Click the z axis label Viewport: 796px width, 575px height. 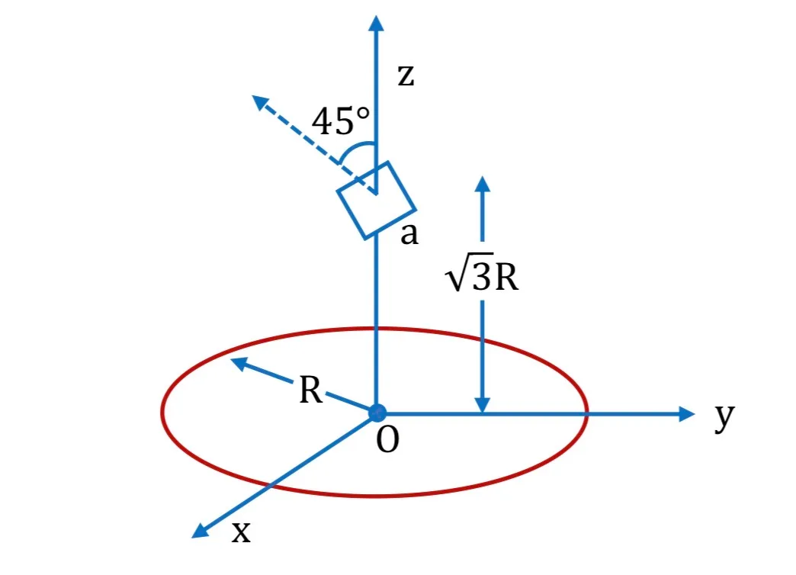click(406, 76)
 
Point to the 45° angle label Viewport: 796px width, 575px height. click(341, 121)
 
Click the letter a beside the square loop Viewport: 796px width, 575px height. click(409, 235)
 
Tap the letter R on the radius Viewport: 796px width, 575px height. click(310, 390)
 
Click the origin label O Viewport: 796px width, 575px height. click(387, 440)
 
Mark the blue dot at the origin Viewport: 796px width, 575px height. click(377, 413)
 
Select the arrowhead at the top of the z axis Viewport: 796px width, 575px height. click(376, 24)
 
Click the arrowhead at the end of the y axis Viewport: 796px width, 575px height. click(686, 414)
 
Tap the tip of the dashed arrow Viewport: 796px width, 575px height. click(252, 95)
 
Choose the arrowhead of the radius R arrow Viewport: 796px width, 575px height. click(239, 363)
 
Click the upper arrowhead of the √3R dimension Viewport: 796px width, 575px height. click(483, 184)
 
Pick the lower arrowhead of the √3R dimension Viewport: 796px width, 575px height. click(483, 404)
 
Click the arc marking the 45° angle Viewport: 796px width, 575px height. click(355, 146)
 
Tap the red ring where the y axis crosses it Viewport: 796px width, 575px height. click(587, 414)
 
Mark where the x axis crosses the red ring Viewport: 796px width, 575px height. click(270, 486)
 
